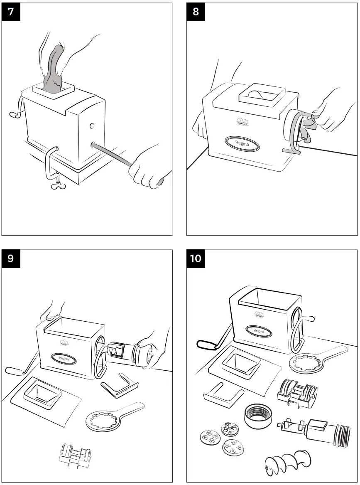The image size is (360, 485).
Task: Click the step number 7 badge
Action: (10, 12)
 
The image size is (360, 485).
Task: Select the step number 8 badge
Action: (196, 12)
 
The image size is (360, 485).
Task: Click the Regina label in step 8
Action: (242, 143)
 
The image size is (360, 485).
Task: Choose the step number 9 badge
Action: (10, 259)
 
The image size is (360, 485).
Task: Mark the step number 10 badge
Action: (196, 259)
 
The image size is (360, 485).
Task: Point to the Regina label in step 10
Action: (259, 331)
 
